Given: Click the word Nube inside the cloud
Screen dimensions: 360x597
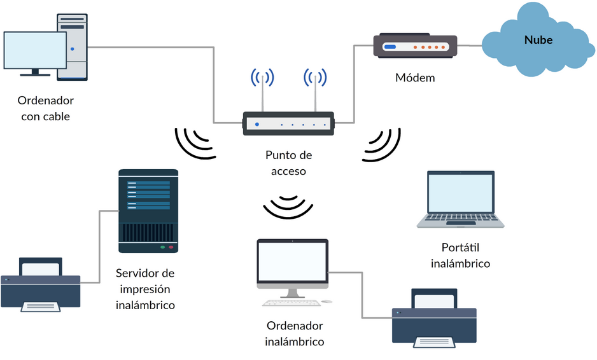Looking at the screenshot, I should pos(538,40).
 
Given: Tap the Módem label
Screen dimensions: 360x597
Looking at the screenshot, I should pos(415,78).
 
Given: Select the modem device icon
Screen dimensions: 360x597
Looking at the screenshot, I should pos(415,47).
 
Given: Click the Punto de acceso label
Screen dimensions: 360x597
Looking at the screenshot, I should pos(288,163).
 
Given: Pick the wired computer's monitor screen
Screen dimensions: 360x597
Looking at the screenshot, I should pos(34,51).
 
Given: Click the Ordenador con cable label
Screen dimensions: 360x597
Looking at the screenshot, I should pos(45,108).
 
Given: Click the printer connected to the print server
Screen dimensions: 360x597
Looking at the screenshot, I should pos(41,284).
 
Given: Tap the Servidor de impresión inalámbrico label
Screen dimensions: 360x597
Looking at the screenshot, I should pos(145,289).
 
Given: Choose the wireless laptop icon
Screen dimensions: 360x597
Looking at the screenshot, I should pos(460,199).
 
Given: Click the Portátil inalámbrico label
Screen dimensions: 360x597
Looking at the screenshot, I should pos(460,255).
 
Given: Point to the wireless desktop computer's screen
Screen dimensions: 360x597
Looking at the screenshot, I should pos(292,262).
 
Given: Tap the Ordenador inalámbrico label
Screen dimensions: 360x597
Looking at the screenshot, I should pos(294,333).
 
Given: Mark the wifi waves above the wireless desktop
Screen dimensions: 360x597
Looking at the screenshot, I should pos(288,207).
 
